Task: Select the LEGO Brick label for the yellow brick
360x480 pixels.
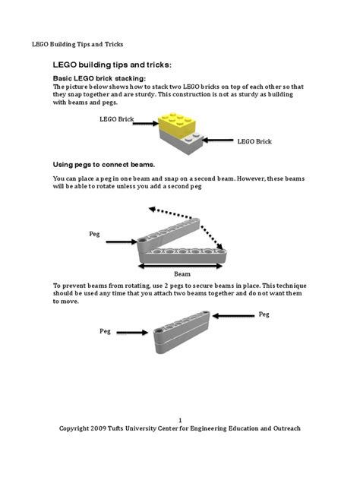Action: (116, 119)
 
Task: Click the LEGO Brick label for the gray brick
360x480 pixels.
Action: (254, 141)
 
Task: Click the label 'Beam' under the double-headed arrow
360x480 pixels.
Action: (182, 273)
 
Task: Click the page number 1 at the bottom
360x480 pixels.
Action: (180, 420)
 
